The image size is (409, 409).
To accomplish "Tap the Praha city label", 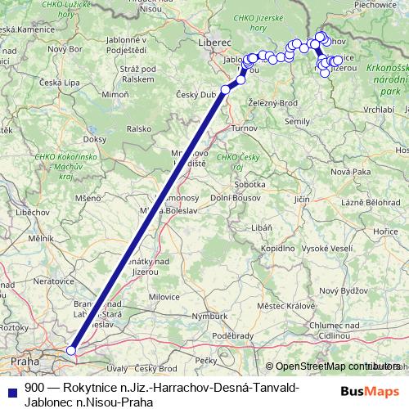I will click(25, 360).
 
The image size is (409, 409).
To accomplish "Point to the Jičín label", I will click(303, 198).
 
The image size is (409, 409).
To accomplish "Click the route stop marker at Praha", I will click(71, 350).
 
